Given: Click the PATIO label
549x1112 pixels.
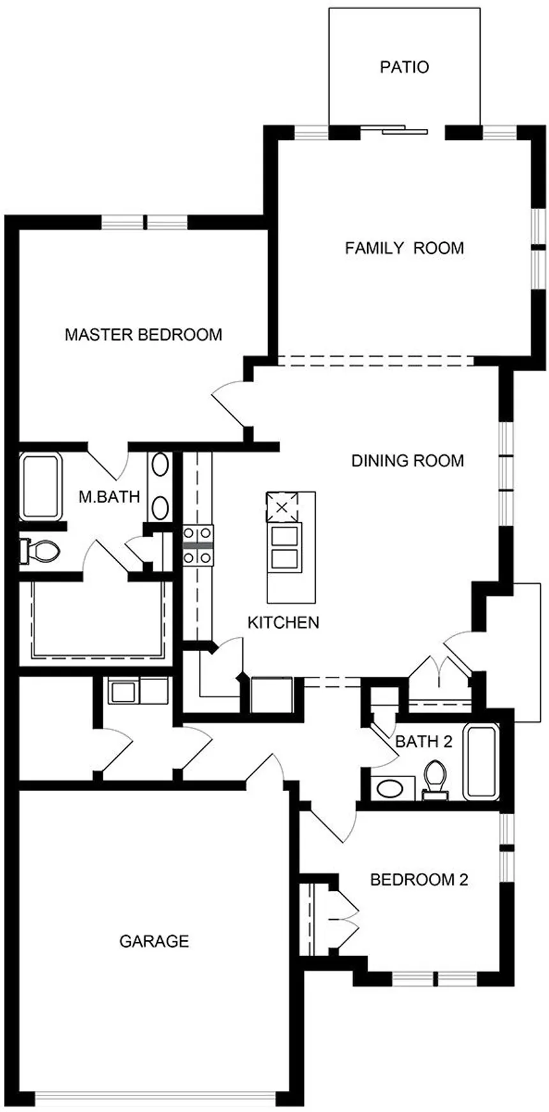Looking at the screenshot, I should click(x=404, y=67).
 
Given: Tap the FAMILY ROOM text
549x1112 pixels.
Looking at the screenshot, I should click(x=404, y=248).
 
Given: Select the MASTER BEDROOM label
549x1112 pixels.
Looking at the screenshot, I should click(x=144, y=334).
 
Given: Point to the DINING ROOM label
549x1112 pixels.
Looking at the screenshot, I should click(x=407, y=460).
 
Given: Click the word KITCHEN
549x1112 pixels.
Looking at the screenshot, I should click(x=283, y=622).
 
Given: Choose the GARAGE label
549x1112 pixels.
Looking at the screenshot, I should click(x=154, y=941).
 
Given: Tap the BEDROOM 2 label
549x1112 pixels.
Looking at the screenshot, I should click(x=419, y=879).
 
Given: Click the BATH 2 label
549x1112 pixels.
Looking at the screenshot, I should click(x=423, y=741).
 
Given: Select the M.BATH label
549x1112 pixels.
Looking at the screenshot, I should click(x=109, y=497).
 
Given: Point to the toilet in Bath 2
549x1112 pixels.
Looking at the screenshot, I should click(x=436, y=779).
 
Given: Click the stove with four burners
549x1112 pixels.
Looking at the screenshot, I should click(x=199, y=545).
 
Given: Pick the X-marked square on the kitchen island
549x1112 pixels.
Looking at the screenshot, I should click(x=282, y=508).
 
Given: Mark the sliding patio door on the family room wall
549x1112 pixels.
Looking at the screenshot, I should click(x=394, y=130).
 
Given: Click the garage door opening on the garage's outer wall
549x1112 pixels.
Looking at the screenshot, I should click(x=154, y=1097).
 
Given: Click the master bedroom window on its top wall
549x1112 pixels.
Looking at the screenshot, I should click(x=145, y=222).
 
